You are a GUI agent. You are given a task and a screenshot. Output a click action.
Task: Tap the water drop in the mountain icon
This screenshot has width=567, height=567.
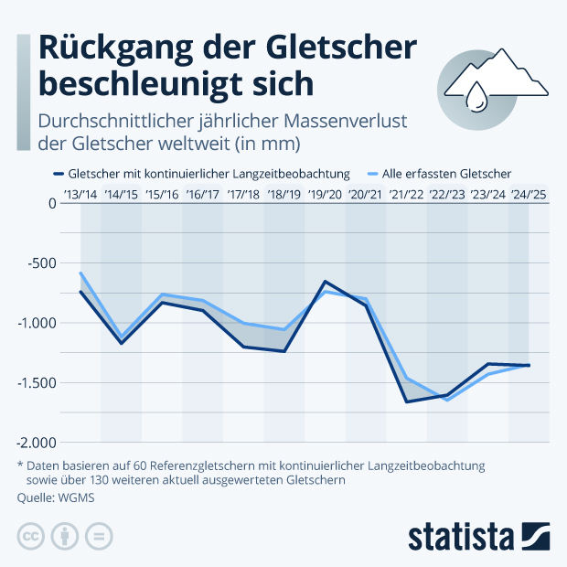476,96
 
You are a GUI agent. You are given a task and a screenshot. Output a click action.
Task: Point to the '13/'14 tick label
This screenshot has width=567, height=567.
81,194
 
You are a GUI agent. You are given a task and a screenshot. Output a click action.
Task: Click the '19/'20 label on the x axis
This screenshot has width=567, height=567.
325,194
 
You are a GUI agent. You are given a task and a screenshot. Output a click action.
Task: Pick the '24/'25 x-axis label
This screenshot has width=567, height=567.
528,194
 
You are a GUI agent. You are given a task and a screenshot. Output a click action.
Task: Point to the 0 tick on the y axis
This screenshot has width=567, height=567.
52,203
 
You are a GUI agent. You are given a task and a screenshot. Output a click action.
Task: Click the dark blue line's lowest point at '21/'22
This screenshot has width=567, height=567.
406,401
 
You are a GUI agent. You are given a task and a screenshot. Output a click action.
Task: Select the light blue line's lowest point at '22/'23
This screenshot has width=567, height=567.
447,400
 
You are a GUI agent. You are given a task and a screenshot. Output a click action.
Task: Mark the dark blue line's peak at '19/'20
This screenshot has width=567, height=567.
325,282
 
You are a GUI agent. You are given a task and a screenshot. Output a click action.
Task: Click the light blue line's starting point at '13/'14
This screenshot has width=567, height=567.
81,273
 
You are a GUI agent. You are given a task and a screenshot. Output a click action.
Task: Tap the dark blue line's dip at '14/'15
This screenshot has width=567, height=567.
121,343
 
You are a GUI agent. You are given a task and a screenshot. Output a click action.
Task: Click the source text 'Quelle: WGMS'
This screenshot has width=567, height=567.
55,498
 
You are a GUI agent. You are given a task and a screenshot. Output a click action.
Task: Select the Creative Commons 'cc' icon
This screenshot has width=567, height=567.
31,536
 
